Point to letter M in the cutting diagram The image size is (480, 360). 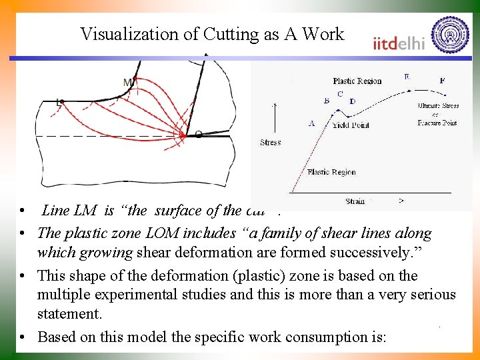[x=127, y=82]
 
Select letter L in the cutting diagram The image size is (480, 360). [x=59, y=103]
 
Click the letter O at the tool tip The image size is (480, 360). [x=198, y=135]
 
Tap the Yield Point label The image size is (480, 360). [x=350, y=125]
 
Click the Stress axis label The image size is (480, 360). [x=270, y=142]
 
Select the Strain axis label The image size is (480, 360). [x=355, y=201]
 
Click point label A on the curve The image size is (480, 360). [x=311, y=123]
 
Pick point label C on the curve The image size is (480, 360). [x=340, y=95]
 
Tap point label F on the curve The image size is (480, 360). [x=443, y=81]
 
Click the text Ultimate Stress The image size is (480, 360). [x=438, y=106]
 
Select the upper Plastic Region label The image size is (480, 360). [x=357, y=81]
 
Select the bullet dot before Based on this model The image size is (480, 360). [x=23, y=337]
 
